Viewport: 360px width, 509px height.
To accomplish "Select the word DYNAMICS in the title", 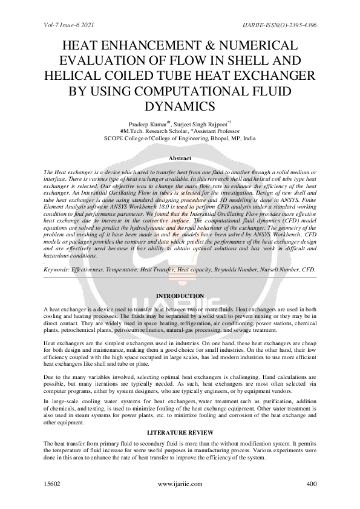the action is tap(180, 107).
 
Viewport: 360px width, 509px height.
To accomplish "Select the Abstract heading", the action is tap(180, 158).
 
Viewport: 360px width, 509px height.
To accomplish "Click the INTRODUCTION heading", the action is tap(180, 296).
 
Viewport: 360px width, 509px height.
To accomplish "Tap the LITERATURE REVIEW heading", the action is tap(180, 432).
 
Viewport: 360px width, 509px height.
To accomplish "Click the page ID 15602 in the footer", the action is tap(53, 484).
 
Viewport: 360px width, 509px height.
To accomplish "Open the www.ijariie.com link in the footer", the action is tap(180, 484).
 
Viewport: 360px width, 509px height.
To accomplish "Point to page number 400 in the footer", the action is tap(312, 484).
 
